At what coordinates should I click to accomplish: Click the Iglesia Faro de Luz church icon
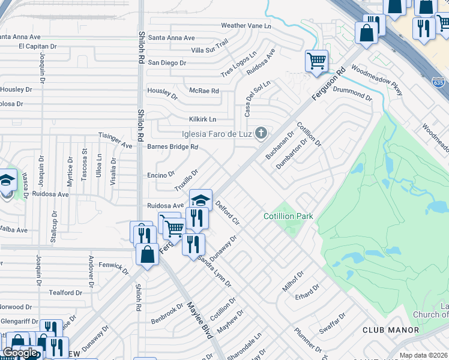tap(261, 133)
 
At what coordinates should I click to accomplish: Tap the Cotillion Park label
tap(288, 216)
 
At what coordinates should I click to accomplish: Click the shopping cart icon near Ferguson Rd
tap(316, 61)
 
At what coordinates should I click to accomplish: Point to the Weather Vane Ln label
tap(246, 26)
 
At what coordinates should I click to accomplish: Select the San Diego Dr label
tap(167, 63)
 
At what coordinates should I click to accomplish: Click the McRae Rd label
tap(204, 91)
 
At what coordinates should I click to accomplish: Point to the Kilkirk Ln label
tap(202, 119)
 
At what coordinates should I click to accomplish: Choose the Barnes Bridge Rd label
tap(173, 146)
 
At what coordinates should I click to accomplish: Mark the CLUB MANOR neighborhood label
tap(391, 330)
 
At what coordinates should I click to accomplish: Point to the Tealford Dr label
tap(65, 293)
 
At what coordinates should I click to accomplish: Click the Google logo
tap(20, 353)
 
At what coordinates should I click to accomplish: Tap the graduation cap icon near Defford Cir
tap(201, 200)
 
